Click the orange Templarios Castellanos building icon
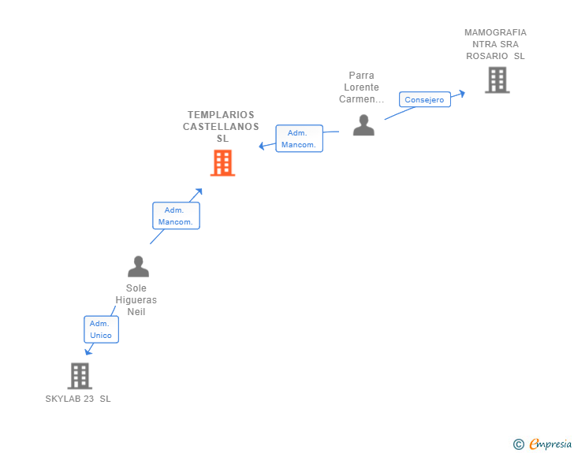[222, 163]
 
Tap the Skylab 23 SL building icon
[79, 376]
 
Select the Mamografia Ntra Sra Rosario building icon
[497, 80]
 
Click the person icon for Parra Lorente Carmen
[363, 125]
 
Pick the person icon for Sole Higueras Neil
[138, 266]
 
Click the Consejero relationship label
[424, 99]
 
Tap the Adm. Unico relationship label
[101, 329]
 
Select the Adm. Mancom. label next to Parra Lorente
[299, 139]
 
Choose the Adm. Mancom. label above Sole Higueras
[176, 216]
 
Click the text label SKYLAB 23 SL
[78, 399]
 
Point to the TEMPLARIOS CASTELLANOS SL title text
[222, 126]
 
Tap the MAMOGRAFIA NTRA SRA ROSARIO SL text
[495, 44]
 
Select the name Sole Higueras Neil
[136, 300]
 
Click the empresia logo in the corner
[550, 444]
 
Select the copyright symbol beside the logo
[518, 444]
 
